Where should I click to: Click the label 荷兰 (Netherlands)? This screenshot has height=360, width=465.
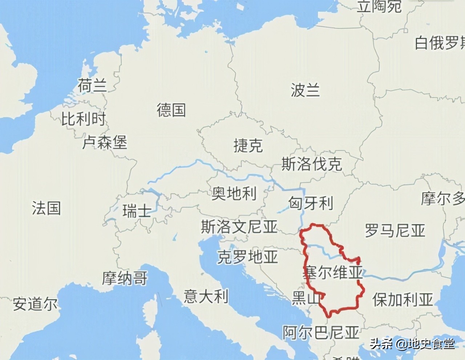coord(92,86)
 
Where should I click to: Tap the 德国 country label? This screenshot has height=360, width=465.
coord(171,109)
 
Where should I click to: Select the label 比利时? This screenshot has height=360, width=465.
coord(83,119)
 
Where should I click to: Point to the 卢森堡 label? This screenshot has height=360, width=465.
coord(105,142)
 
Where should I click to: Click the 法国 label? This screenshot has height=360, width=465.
coord(46,208)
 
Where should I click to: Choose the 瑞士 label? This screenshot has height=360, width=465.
coord(136,211)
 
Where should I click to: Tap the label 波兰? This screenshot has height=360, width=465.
coord(305,90)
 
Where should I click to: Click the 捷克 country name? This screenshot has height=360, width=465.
coord(248,146)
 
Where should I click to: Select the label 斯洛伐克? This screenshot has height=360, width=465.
coord(312,164)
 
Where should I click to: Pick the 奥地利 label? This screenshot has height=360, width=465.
coord(234,193)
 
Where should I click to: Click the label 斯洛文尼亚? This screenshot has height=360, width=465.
coord(239,227)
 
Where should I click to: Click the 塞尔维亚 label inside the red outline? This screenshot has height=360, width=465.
coord(333,272)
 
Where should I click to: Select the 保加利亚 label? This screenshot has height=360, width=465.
coord(403,300)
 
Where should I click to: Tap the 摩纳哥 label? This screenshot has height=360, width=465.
coord(125,279)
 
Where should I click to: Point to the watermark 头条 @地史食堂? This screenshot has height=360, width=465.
coord(412,344)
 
